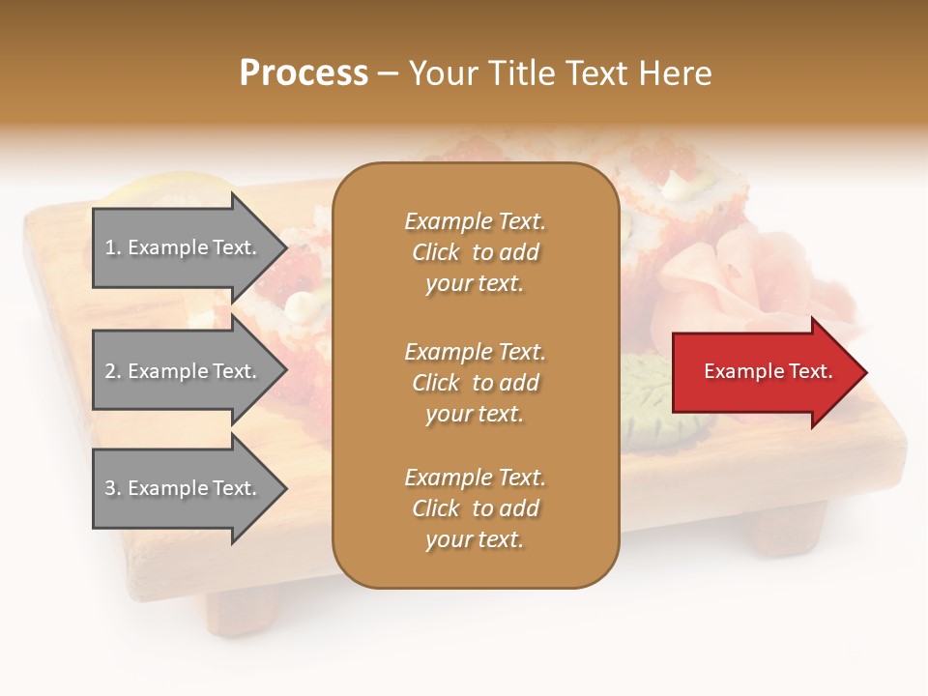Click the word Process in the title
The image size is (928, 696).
coord(304,73)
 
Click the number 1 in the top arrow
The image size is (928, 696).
coord(110,247)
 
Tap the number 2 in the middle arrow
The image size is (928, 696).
coord(111,371)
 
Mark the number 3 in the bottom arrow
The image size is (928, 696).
coord(111,488)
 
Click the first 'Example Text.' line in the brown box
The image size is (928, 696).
coord(475,221)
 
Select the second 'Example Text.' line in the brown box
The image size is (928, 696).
coord(475,352)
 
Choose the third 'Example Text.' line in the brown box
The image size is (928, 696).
coord(475,478)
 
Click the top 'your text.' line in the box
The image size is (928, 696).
coord(475,284)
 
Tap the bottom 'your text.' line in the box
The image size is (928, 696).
coord(475,540)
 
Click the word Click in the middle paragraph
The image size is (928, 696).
coord(436,383)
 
